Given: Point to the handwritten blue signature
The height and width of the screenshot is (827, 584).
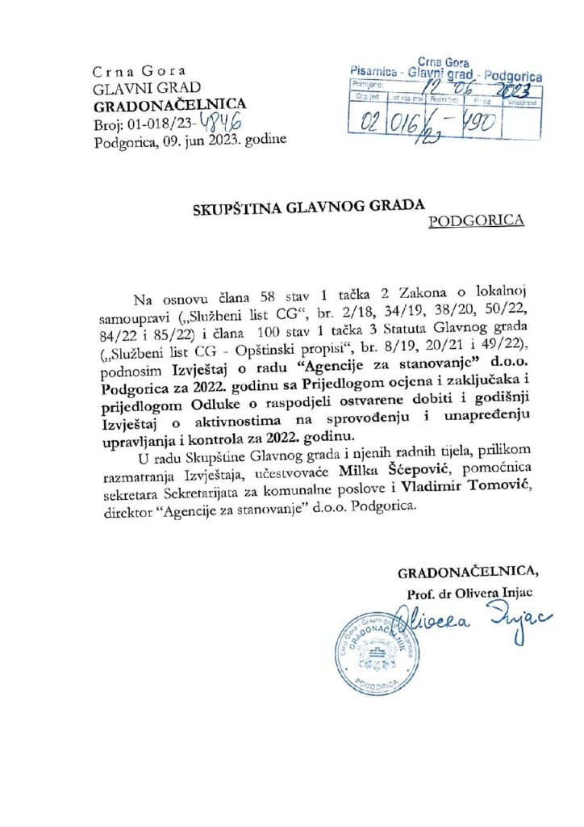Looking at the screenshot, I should click(x=476, y=623).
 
